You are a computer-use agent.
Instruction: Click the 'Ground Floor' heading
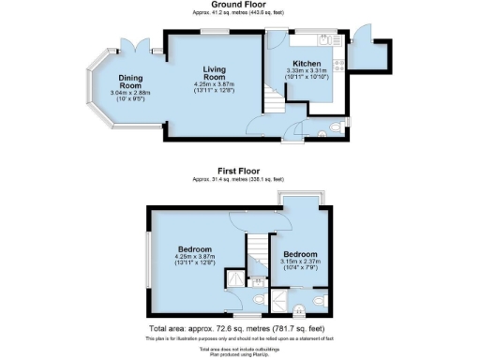[x=238, y=5]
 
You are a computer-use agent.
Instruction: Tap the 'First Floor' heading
[x=238, y=172]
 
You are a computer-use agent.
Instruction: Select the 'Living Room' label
[x=223, y=73]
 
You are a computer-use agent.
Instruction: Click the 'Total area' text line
[x=238, y=329]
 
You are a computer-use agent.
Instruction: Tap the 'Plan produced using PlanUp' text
[x=238, y=355]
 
